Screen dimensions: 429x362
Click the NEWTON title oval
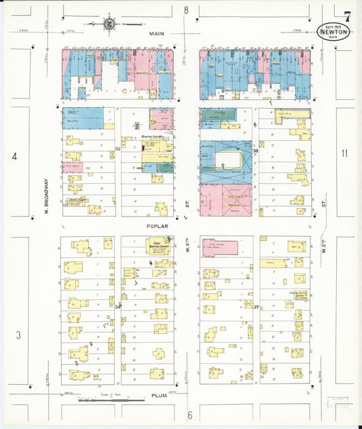pyautogui.click(x=333, y=32)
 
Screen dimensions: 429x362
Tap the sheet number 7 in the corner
pyautogui.click(x=348, y=17)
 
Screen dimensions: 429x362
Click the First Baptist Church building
pyautogui.click(x=159, y=245)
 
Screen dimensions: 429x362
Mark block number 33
pyautogui.click(x=118, y=149)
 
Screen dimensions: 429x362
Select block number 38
pyautogui.click(x=255, y=152)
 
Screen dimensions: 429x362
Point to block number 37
pyautogui.click(x=256, y=307)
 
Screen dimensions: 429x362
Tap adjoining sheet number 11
pyautogui.click(x=344, y=153)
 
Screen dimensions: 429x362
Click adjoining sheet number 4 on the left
pyautogui.click(x=14, y=157)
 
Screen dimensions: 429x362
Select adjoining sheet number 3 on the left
pyautogui.click(x=18, y=334)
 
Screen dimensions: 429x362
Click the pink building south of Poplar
pyautogui.click(x=219, y=248)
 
